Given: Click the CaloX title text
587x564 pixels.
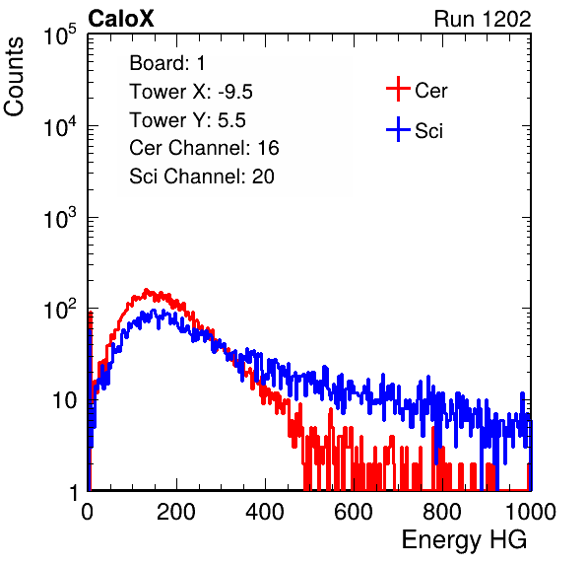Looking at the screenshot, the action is point(120,19).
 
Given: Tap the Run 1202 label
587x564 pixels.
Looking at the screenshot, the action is point(483,19).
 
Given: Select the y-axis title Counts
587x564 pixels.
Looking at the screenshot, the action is point(14,77).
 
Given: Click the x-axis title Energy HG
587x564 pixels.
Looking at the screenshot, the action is point(464,539).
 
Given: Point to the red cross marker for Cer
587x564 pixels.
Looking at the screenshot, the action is point(398,89).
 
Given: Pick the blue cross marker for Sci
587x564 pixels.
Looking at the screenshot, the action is point(398,129).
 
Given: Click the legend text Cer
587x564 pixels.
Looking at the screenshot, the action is point(430,91).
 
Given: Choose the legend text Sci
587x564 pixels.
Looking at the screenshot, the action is point(429,131).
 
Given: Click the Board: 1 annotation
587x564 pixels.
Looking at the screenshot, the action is point(167,63).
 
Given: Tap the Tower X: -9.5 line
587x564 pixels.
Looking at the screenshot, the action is point(191,92).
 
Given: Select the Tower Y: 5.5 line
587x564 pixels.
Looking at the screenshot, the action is point(187,120).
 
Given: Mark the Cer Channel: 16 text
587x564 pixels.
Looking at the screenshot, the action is point(204,148).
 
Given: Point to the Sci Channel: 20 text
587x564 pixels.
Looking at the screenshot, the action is point(202,176).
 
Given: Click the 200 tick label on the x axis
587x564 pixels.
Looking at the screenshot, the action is point(176,511).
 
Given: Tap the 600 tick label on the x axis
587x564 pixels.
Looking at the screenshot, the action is point(354,511).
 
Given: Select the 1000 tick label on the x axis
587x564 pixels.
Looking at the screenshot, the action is point(531,511).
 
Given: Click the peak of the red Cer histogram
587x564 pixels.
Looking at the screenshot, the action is point(147,290).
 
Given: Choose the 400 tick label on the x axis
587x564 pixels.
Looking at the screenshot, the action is point(265,511).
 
